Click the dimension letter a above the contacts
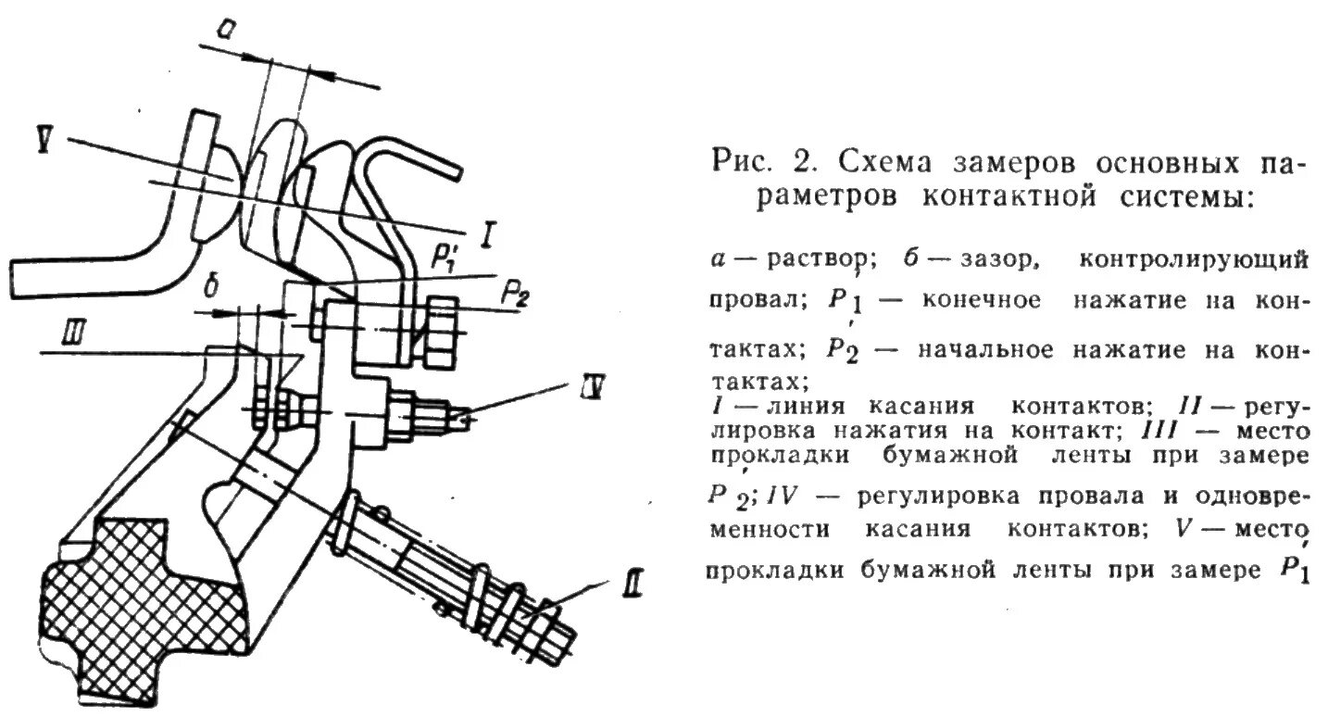pos(225,31)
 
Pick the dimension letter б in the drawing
pos(210,288)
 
